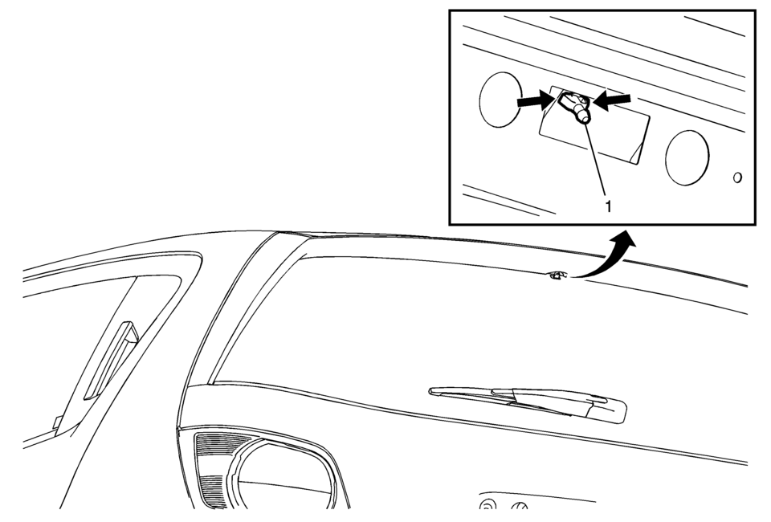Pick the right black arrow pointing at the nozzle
612,100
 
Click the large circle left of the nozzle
500,100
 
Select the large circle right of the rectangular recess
687,157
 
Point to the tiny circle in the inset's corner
737,177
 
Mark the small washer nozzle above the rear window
557,275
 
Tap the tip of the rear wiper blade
431,391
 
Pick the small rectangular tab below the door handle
58,422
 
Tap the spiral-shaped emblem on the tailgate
486,505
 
